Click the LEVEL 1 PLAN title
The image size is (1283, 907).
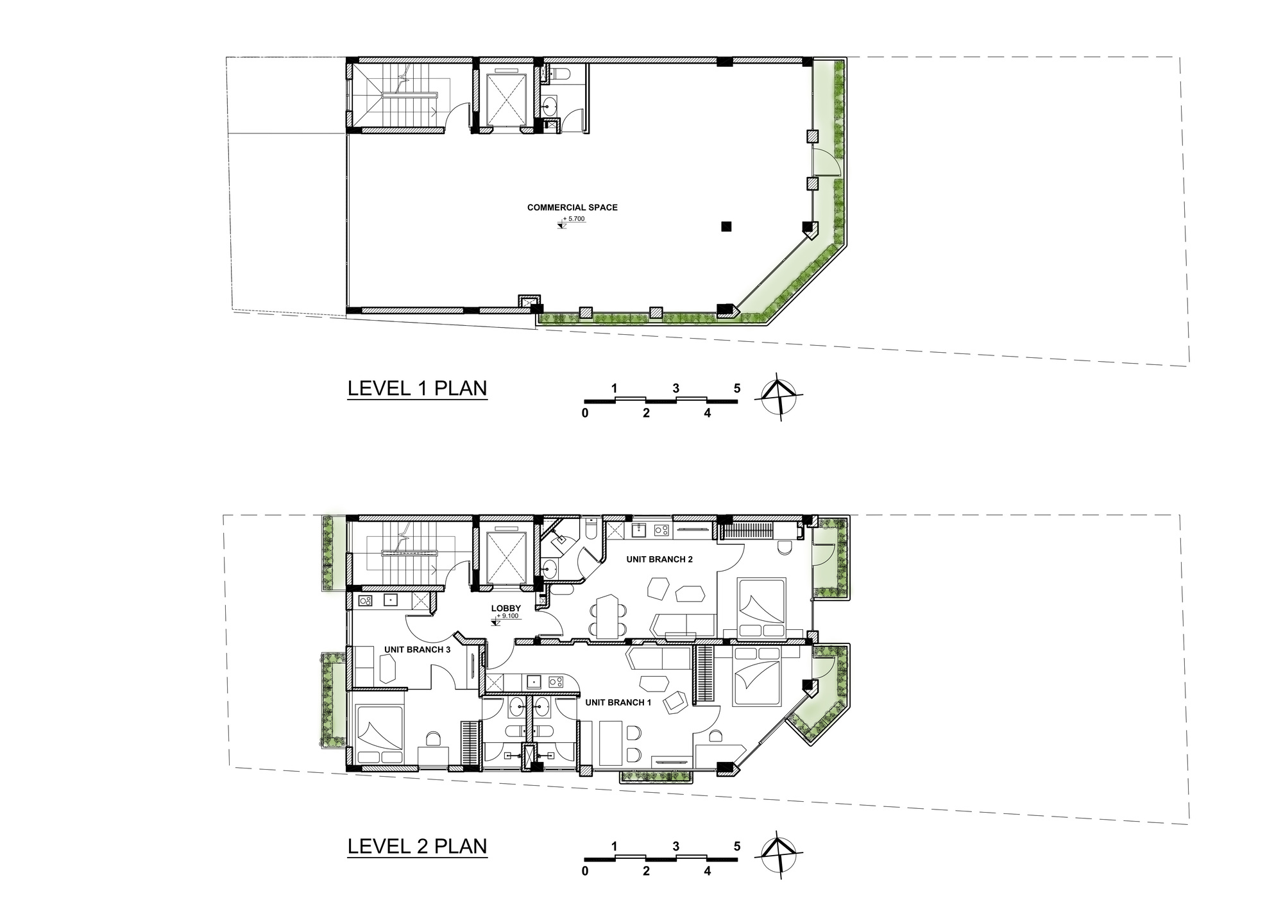(x=417, y=389)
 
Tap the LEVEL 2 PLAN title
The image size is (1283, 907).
(x=417, y=846)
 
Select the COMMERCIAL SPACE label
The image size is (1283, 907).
(x=572, y=208)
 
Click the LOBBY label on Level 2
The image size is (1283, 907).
(x=506, y=609)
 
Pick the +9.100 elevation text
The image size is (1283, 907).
(x=508, y=616)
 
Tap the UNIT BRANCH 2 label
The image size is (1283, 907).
(x=659, y=559)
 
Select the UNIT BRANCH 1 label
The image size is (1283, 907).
(x=618, y=702)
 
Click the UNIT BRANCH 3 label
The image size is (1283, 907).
(x=417, y=650)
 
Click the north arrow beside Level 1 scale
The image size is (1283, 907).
(x=778, y=396)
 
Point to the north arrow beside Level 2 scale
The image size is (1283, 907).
(x=778, y=854)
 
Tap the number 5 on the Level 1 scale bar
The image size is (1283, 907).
(x=737, y=388)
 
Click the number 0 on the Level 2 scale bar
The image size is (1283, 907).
(x=585, y=871)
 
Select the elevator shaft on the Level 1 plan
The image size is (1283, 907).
(x=506, y=98)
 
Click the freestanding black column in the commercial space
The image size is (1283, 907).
(x=726, y=226)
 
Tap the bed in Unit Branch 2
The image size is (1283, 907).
(x=761, y=609)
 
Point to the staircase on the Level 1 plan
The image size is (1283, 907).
(x=398, y=96)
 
